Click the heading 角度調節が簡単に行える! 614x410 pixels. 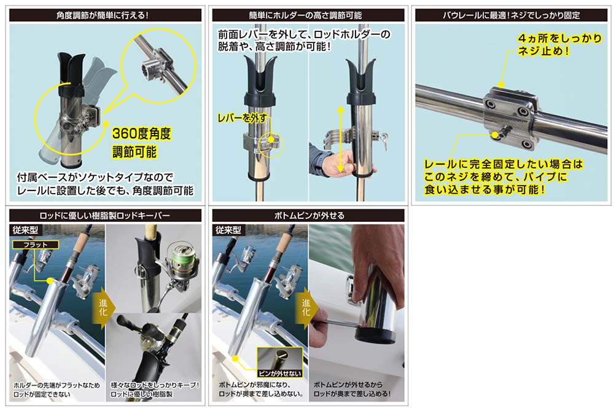tap(103, 15)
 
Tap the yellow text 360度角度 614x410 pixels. tap(141, 133)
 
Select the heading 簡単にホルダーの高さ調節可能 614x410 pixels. tap(305, 15)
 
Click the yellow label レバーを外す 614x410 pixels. tap(242, 117)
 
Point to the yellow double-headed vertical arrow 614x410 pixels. tap(340, 139)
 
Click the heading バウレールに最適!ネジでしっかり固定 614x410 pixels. tap(511, 15)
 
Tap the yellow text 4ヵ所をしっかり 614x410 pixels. tap(559, 38)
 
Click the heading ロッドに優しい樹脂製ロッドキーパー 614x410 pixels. tap(104, 215)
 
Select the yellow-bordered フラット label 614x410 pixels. tap(35, 245)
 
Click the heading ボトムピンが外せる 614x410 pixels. tap(309, 215)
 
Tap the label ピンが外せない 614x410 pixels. tap(279, 374)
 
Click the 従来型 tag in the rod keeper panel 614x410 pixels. tap(25, 230)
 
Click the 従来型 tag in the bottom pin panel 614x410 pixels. tap(228, 230)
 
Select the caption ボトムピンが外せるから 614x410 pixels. tap(348, 385)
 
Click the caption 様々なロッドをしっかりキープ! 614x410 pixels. tap(155, 385)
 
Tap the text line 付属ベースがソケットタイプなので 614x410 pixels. tap(95, 178)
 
